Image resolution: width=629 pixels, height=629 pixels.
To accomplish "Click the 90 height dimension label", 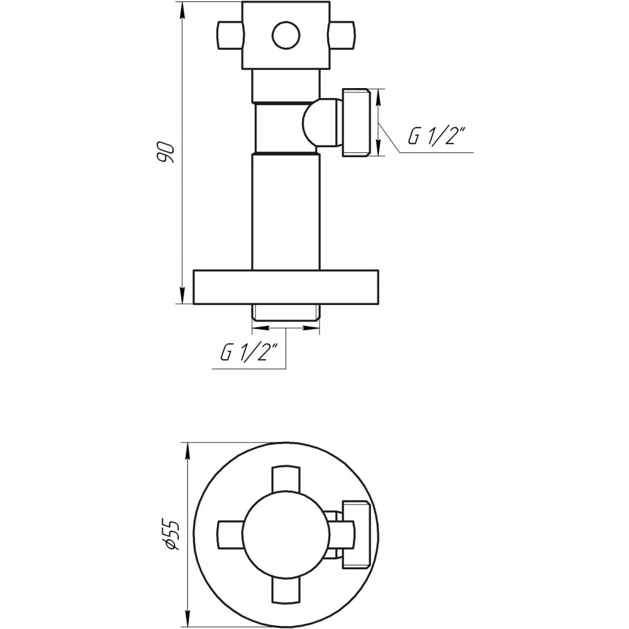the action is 165,152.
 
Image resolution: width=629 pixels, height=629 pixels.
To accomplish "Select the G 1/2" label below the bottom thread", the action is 248,352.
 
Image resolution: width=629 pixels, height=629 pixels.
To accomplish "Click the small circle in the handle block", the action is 286,35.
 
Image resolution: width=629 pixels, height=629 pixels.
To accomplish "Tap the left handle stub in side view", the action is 230,35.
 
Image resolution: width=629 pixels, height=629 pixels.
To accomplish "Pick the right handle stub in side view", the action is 342,35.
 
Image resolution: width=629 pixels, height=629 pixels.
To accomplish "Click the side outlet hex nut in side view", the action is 356,123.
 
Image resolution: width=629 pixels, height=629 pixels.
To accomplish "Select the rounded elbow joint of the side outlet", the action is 321,122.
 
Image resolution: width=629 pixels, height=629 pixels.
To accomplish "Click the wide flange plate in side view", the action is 286,287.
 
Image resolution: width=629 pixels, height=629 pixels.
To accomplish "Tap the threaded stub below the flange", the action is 286,313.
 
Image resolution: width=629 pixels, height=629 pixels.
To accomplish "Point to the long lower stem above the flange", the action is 286,211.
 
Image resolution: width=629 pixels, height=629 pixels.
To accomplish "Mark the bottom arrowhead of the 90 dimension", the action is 182,296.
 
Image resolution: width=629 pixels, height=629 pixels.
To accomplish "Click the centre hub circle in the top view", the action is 286,535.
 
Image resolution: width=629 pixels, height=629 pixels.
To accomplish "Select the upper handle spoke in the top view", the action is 286,479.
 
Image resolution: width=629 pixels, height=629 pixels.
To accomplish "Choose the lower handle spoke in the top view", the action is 286,591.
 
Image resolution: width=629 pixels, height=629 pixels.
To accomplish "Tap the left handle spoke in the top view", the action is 230,535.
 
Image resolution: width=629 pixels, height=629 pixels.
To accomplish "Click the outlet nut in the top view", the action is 356,535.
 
